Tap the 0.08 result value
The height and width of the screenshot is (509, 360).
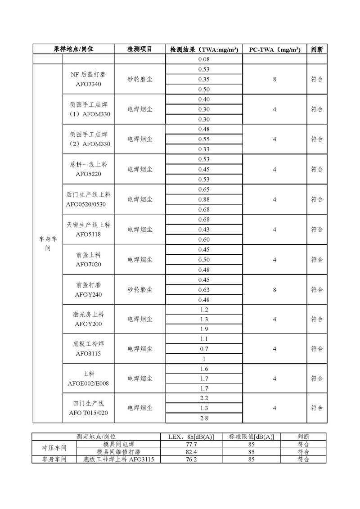coord(204,59)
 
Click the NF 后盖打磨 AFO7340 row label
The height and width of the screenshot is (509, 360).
coord(88,79)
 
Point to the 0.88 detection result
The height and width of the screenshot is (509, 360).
coord(204,199)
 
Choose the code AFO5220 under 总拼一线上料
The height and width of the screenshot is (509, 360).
coord(88,174)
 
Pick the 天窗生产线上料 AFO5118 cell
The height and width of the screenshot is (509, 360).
coord(88,229)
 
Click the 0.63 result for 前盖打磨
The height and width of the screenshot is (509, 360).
coord(204,290)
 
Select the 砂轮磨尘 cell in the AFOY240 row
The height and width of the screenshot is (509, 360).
coord(140,290)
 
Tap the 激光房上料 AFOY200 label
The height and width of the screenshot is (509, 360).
coord(88,319)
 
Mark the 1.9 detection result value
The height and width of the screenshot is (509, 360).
coord(204,329)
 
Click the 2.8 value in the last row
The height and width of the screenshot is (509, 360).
coord(204,418)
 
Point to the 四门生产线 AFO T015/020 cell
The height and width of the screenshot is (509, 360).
coord(88,408)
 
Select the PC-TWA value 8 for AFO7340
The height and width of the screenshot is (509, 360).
coord(274,79)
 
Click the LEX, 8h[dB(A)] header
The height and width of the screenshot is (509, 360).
coord(191,437)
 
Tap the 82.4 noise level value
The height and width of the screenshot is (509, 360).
coord(191,451)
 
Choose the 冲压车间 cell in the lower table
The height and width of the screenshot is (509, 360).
coord(54,448)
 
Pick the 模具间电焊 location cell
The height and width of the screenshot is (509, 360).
coord(119,444)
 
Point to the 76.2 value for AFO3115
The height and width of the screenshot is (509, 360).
coord(191,459)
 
